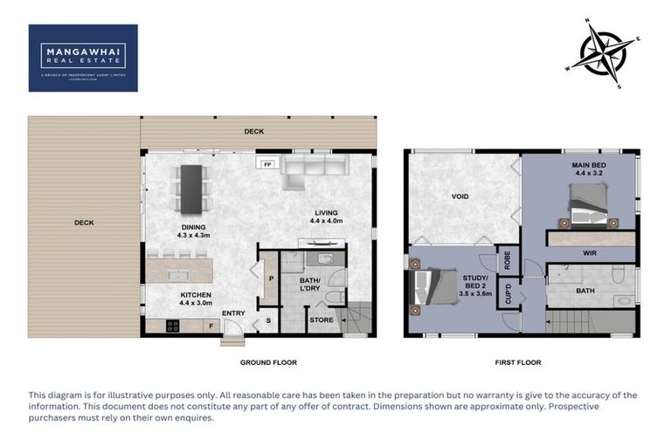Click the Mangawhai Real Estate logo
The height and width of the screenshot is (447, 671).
click(83, 57)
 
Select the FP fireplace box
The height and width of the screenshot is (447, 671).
click(266, 163)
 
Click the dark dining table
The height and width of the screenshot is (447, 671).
click(190, 188)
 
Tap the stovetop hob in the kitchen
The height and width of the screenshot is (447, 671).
click(173, 326)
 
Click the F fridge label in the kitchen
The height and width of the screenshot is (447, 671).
click(210, 326)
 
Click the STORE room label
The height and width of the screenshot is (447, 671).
click(320, 320)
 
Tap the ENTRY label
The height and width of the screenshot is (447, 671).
click(233, 313)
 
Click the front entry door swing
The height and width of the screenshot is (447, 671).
click(232, 330)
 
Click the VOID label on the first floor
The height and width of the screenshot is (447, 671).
click(460, 196)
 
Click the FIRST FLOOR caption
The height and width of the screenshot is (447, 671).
click(517, 362)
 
